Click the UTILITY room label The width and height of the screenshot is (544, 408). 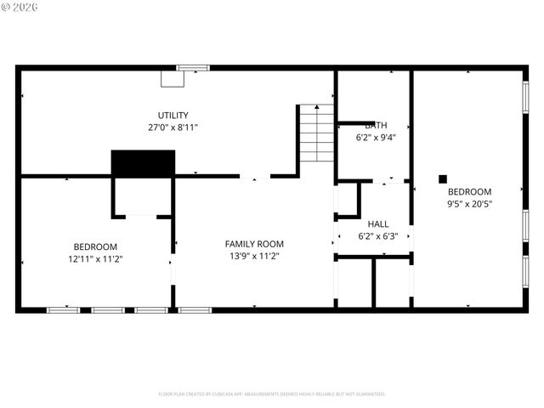pos(173,116)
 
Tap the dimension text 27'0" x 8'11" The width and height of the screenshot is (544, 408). pos(173,127)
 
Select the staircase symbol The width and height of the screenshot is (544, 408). pos(315,133)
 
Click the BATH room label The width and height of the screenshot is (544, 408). pos(375,125)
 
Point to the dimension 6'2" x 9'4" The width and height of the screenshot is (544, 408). pos(375,137)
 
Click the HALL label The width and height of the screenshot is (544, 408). pos(377,224)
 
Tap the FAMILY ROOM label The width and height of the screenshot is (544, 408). pos(253,244)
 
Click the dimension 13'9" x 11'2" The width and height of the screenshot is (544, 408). pos(253,256)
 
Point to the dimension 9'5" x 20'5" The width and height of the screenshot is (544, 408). pos(469,203)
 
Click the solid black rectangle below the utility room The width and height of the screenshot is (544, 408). pos(143,163)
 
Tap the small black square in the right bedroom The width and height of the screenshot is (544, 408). pos(442,178)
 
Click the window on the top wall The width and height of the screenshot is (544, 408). pos(193,67)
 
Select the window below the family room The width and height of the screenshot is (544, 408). pos(195,310)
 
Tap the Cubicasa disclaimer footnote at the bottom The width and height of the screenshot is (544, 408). pos(271,394)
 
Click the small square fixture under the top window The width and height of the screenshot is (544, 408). pos(173,78)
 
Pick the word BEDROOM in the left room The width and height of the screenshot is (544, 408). pos(94,246)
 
